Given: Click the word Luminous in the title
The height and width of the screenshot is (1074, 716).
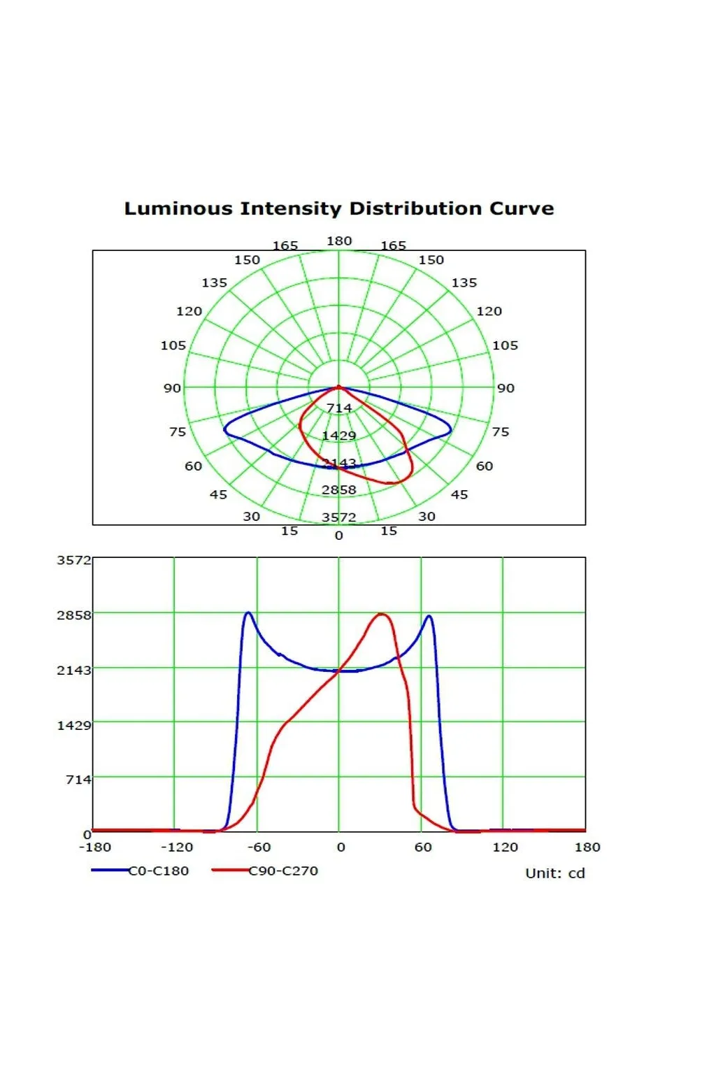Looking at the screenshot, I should [178, 208].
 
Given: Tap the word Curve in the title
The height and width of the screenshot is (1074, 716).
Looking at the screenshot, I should [521, 208].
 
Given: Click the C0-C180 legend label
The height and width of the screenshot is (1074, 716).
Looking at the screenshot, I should [159, 871].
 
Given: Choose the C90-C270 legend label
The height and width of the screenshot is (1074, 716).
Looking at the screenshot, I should [283, 871].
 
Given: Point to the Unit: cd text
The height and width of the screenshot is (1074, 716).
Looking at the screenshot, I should [554, 873].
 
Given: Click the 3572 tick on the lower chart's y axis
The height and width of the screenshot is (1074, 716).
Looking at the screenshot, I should [73, 560].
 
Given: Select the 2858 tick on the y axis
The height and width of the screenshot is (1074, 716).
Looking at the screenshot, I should [73, 615].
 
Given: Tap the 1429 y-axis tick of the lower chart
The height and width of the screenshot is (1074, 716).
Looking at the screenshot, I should [73, 725].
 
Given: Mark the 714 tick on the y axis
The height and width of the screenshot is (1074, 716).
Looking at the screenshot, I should [78, 779].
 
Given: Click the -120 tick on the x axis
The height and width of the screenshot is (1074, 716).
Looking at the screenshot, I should [176, 847].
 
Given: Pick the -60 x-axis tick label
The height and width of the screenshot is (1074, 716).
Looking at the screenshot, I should [259, 847].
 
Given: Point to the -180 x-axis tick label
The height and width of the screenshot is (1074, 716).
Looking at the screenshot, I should [94, 847].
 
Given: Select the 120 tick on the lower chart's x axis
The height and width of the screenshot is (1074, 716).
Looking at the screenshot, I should [505, 847].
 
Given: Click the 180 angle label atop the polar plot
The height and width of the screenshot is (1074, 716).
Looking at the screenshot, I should [339, 241].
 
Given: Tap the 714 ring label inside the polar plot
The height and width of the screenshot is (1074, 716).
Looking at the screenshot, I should [339, 408].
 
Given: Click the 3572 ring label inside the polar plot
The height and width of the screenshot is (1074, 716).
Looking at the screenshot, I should [339, 517].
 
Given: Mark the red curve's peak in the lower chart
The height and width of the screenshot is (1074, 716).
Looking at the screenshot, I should [381, 614].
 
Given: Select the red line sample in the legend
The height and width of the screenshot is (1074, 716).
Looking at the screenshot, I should [230, 870].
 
